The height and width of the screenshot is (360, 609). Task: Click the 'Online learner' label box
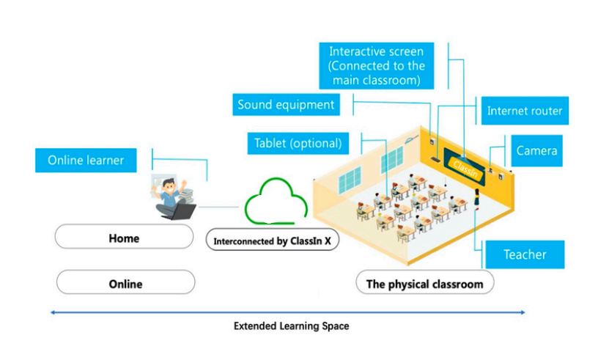86,161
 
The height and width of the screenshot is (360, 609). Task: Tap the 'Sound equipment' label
286,105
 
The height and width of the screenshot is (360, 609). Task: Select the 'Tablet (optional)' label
298,143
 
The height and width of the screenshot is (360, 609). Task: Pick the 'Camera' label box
536,151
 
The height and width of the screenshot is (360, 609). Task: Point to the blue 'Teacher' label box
525,254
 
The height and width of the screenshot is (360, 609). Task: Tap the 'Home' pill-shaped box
124,238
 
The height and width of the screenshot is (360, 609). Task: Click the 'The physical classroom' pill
424,284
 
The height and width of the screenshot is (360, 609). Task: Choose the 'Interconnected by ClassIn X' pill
272,240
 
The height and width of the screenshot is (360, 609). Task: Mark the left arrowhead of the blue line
52,312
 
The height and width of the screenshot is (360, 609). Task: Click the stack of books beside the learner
187,195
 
